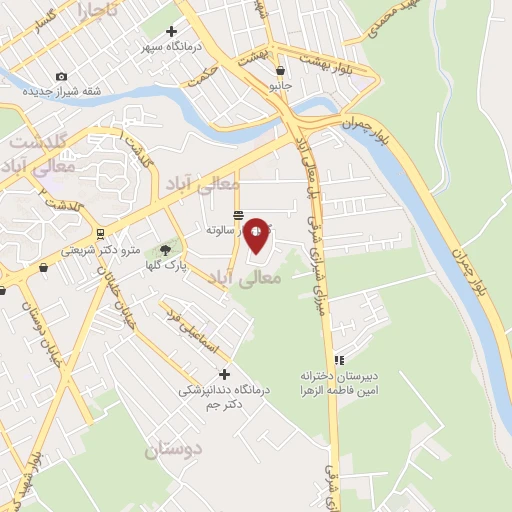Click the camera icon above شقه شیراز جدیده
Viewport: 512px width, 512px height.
tap(62, 77)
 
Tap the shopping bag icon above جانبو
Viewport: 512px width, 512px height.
tap(280, 70)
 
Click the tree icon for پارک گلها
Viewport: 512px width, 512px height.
tap(166, 250)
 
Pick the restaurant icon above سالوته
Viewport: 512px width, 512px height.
tap(238, 216)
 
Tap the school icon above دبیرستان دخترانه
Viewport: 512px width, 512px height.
tap(340, 360)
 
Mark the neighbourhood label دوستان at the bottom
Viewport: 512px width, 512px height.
tap(173, 450)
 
